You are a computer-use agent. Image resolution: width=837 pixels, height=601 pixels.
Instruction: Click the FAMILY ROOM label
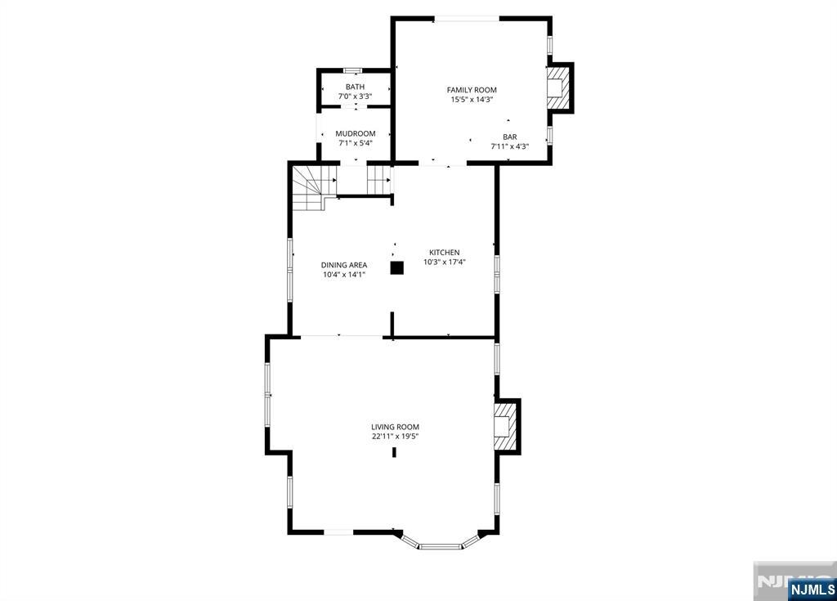click(472, 90)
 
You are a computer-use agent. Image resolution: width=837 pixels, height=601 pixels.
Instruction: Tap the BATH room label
click(355, 87)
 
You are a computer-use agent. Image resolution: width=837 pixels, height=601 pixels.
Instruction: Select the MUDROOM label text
click(356, 133)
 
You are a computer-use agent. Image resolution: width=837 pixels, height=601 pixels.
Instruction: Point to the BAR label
click(510, 137)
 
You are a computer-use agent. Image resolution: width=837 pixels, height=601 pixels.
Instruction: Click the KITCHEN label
click(445, 252)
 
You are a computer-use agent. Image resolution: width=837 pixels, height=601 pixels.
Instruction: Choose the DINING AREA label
click(344, 265)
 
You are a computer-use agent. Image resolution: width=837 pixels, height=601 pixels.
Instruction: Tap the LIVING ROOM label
click(396, 427)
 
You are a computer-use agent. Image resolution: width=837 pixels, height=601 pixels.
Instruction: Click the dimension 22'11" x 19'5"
click(396, 437)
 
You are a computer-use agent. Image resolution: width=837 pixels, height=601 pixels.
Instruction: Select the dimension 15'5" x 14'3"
click(472, 100)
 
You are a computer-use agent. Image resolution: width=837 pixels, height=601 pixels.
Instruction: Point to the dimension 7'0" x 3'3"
click(355, 96)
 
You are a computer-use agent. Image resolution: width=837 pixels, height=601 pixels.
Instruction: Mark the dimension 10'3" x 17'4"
click(445, 262)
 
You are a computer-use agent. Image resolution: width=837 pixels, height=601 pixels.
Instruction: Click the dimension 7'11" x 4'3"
click(510, 146)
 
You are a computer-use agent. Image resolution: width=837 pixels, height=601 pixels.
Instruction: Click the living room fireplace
click(507, 426)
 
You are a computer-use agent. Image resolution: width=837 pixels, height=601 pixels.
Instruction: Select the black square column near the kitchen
click(396, 268)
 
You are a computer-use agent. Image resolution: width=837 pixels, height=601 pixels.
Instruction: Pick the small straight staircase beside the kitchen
click(378, 180)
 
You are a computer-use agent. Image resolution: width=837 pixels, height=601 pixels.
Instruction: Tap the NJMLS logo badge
click(812, 589)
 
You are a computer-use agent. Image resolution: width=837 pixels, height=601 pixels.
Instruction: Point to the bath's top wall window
click(353, 70)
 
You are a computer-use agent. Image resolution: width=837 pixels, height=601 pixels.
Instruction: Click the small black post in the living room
click(395, 452)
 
